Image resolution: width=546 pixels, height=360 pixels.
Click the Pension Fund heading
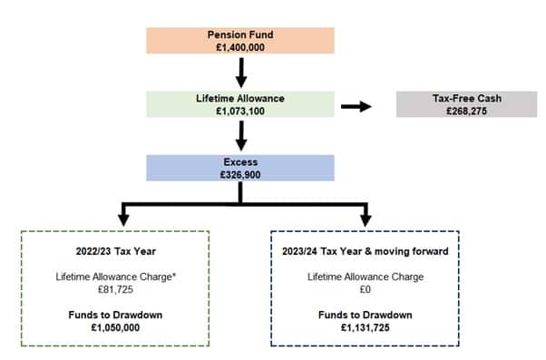241,34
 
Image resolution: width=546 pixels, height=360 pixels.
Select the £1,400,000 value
241,46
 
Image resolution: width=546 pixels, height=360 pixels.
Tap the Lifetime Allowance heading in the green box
241,96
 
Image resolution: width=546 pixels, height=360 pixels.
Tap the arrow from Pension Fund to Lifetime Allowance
241,71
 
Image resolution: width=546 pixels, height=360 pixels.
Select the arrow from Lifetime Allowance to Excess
241,133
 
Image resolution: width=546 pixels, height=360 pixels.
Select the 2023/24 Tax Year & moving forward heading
366,248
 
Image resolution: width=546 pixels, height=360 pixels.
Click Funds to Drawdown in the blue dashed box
366,313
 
